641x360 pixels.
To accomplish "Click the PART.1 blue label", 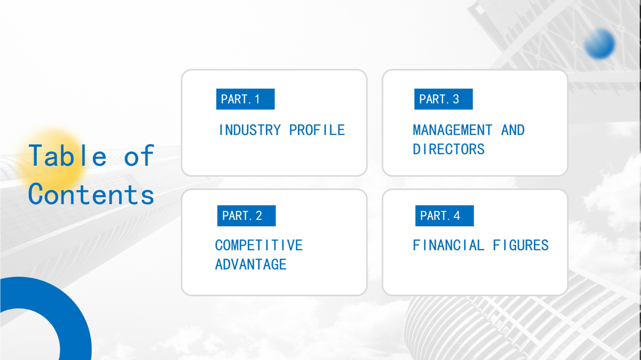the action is coord(245,99).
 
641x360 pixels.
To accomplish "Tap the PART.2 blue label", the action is coord(247,216).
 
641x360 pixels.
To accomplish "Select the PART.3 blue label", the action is coord(444,99).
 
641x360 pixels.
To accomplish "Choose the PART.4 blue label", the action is coord(445,216).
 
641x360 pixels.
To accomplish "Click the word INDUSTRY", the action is coord(250,130).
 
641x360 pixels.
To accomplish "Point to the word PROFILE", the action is coord(317,130).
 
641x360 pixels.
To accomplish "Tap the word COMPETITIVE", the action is coord(259,245).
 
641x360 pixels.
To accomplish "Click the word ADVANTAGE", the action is coord(251,264).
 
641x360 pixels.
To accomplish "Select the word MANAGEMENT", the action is coord(453,130).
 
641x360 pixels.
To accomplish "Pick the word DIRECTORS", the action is coord(448,149).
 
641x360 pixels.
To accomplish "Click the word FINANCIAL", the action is coord(448,245).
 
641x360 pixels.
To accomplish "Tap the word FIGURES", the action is coord(520,245).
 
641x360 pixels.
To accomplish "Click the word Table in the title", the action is coord(68,155).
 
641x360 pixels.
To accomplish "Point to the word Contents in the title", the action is coord(91,194).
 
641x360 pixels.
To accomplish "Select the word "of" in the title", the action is coord(139,155).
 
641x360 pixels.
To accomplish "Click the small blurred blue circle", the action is coord(600,44).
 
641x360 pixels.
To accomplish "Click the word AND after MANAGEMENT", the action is coord(513,130).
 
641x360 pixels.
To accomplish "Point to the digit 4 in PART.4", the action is coord(457,216).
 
